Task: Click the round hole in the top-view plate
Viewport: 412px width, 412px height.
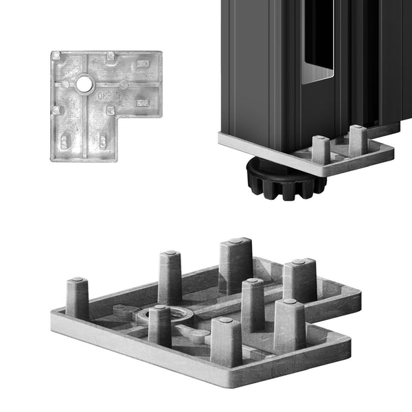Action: [84, 84]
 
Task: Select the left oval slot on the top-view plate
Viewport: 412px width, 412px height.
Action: [65, 142]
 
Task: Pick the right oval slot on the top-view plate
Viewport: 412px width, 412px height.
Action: [102, 141]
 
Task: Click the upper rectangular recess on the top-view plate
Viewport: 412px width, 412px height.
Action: [142, 64]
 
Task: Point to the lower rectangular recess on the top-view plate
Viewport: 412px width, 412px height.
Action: [142, 103]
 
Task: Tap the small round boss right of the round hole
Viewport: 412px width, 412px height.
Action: [124, 84]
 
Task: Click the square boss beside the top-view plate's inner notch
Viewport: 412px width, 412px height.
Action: [110, 110]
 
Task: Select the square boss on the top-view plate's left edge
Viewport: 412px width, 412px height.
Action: [56, 110]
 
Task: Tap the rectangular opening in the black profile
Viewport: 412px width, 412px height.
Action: [317, 41]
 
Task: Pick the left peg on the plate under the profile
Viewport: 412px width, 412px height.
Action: [321, 150]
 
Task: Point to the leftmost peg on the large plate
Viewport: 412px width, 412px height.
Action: [77, 298]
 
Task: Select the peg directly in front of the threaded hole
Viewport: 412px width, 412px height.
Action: [160, 325]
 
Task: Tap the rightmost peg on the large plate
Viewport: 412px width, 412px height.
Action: [299, 280]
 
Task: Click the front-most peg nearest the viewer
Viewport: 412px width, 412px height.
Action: [226, 341]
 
